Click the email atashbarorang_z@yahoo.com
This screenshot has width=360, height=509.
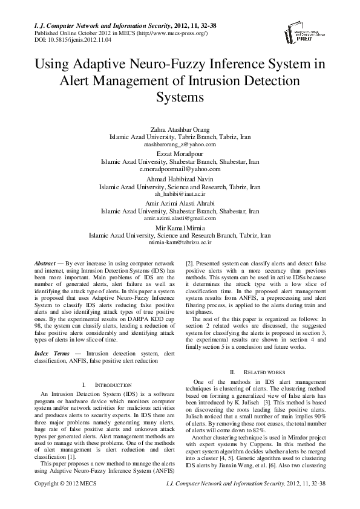(180, 145)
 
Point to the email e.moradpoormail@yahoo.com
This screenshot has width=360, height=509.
(180, 170)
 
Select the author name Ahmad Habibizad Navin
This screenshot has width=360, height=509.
(180, 180)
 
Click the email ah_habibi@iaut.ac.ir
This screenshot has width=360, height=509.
(180, 195)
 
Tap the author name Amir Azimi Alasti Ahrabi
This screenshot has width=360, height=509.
(180, 204)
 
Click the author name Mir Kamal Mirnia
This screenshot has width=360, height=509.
(180, 228)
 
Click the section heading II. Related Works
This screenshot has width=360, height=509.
(254, 371)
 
